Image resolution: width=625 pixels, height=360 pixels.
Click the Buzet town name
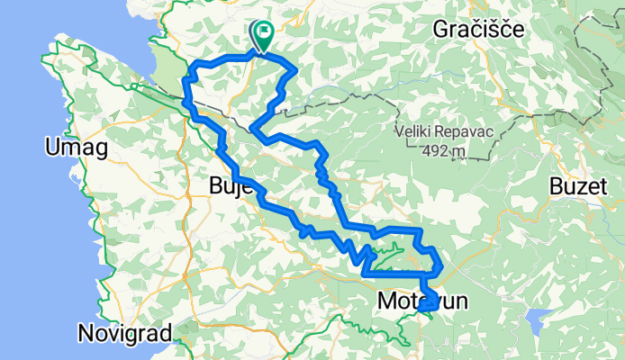click(x=575, y=186)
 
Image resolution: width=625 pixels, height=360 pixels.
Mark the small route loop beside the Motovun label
click(x=429, y=303)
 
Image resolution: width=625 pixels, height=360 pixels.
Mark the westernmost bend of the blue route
click(x=186, y=85)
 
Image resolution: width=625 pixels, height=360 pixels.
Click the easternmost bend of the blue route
click(x=440, y=265)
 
